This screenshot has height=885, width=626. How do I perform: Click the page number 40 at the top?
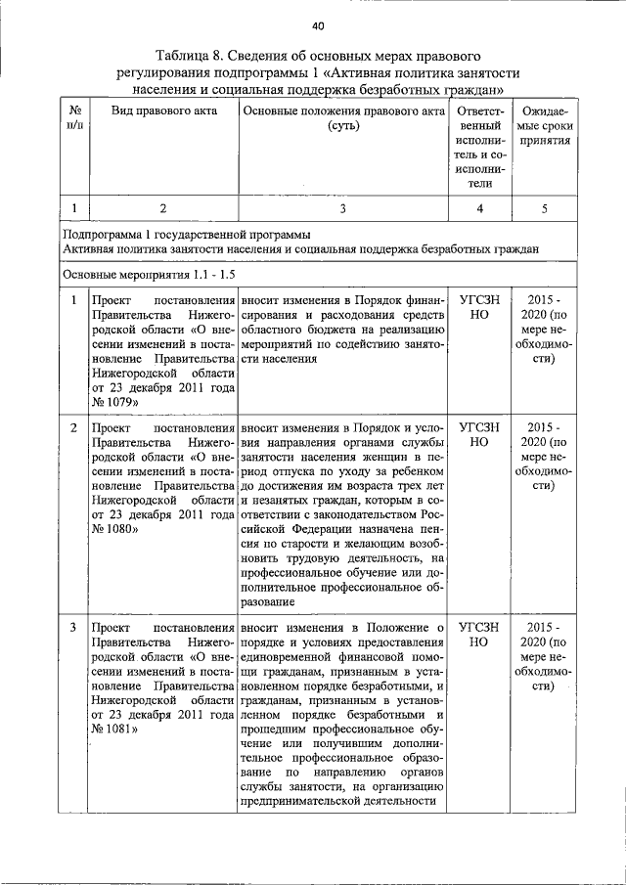tap(318, 25)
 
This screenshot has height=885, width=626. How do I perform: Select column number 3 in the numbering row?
tap(343, 207)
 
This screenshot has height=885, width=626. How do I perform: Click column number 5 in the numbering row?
tap(545, 207)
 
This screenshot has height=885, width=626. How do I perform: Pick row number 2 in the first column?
tap(74, 428)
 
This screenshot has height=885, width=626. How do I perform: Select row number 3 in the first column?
tap(74, 626)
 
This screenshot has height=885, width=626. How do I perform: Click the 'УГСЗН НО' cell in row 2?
tap(479, 435)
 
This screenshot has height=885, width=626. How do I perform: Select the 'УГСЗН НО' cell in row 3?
tap(479, 634)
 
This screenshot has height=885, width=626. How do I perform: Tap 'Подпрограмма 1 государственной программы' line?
tap(187, 235)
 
